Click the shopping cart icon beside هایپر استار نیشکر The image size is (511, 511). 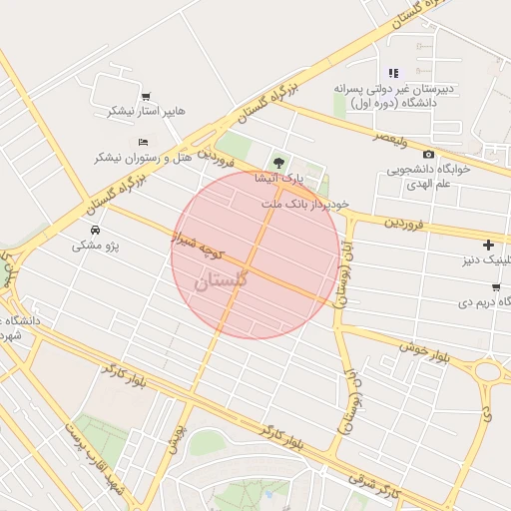click(x=146, y=97)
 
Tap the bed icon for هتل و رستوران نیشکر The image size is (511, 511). click(x=143, y=143)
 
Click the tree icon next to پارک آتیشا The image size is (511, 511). click(x=278, y=163)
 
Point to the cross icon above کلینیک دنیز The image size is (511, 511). click(x=488, y=245)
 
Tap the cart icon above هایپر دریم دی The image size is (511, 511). click(x=496, y=286)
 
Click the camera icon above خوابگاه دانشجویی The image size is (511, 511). click(x=428, y=154)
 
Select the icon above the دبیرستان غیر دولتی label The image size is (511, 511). click(x=393, y=73)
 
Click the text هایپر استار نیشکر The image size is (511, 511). click(x=143, y=112)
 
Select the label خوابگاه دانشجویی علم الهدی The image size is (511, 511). click(x=435, y=177)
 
